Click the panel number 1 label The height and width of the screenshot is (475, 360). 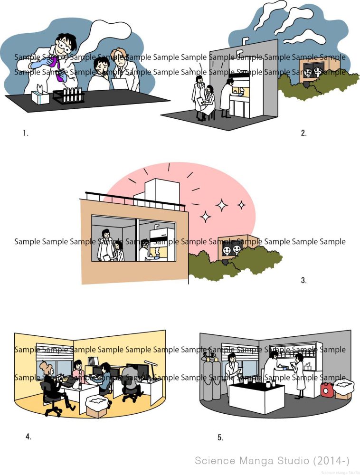pyautogui.click(x=25, y=133)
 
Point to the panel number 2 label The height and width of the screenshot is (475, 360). pyautogui.click(x=303, y=133)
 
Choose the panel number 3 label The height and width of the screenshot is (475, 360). pyautogui.click(x=303, y=280)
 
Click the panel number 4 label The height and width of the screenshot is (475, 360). pyautogui.click(x=28, y=437)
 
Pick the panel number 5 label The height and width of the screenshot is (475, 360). pyautogui.click(x=220, y=437)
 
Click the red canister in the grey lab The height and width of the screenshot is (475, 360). pyautogui.click(x=326, y=390)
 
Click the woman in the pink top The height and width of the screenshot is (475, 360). pyautogui.click(x=78, y=371)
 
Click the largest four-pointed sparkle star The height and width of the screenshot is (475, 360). pyautogui.click(x=221, y=205)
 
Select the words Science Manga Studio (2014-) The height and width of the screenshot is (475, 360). pyautogui.click(x=272, y=460)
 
